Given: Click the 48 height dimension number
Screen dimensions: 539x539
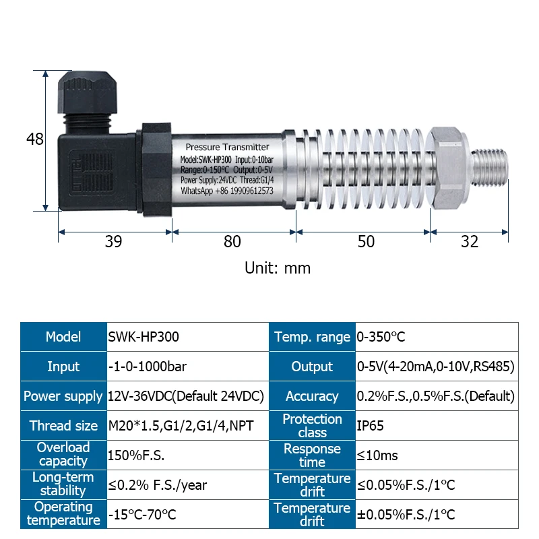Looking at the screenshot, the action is pos(35,139).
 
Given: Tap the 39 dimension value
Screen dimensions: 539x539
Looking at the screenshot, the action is pos(113,241).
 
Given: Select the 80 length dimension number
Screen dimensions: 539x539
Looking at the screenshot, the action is pos(232,241).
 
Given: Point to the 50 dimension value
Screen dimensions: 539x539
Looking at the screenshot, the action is pos(366,241).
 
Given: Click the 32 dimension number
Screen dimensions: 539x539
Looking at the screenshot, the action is pos(470,241).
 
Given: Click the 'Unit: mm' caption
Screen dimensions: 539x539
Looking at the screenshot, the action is pos(278,267).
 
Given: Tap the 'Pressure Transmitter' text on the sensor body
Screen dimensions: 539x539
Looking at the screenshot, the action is pos(227,147).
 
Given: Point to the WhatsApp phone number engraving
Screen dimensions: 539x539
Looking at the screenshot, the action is pos(227,191).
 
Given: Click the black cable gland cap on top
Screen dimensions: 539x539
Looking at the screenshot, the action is pos(88,92).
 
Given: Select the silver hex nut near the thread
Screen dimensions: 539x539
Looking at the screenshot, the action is pos(447,168).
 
